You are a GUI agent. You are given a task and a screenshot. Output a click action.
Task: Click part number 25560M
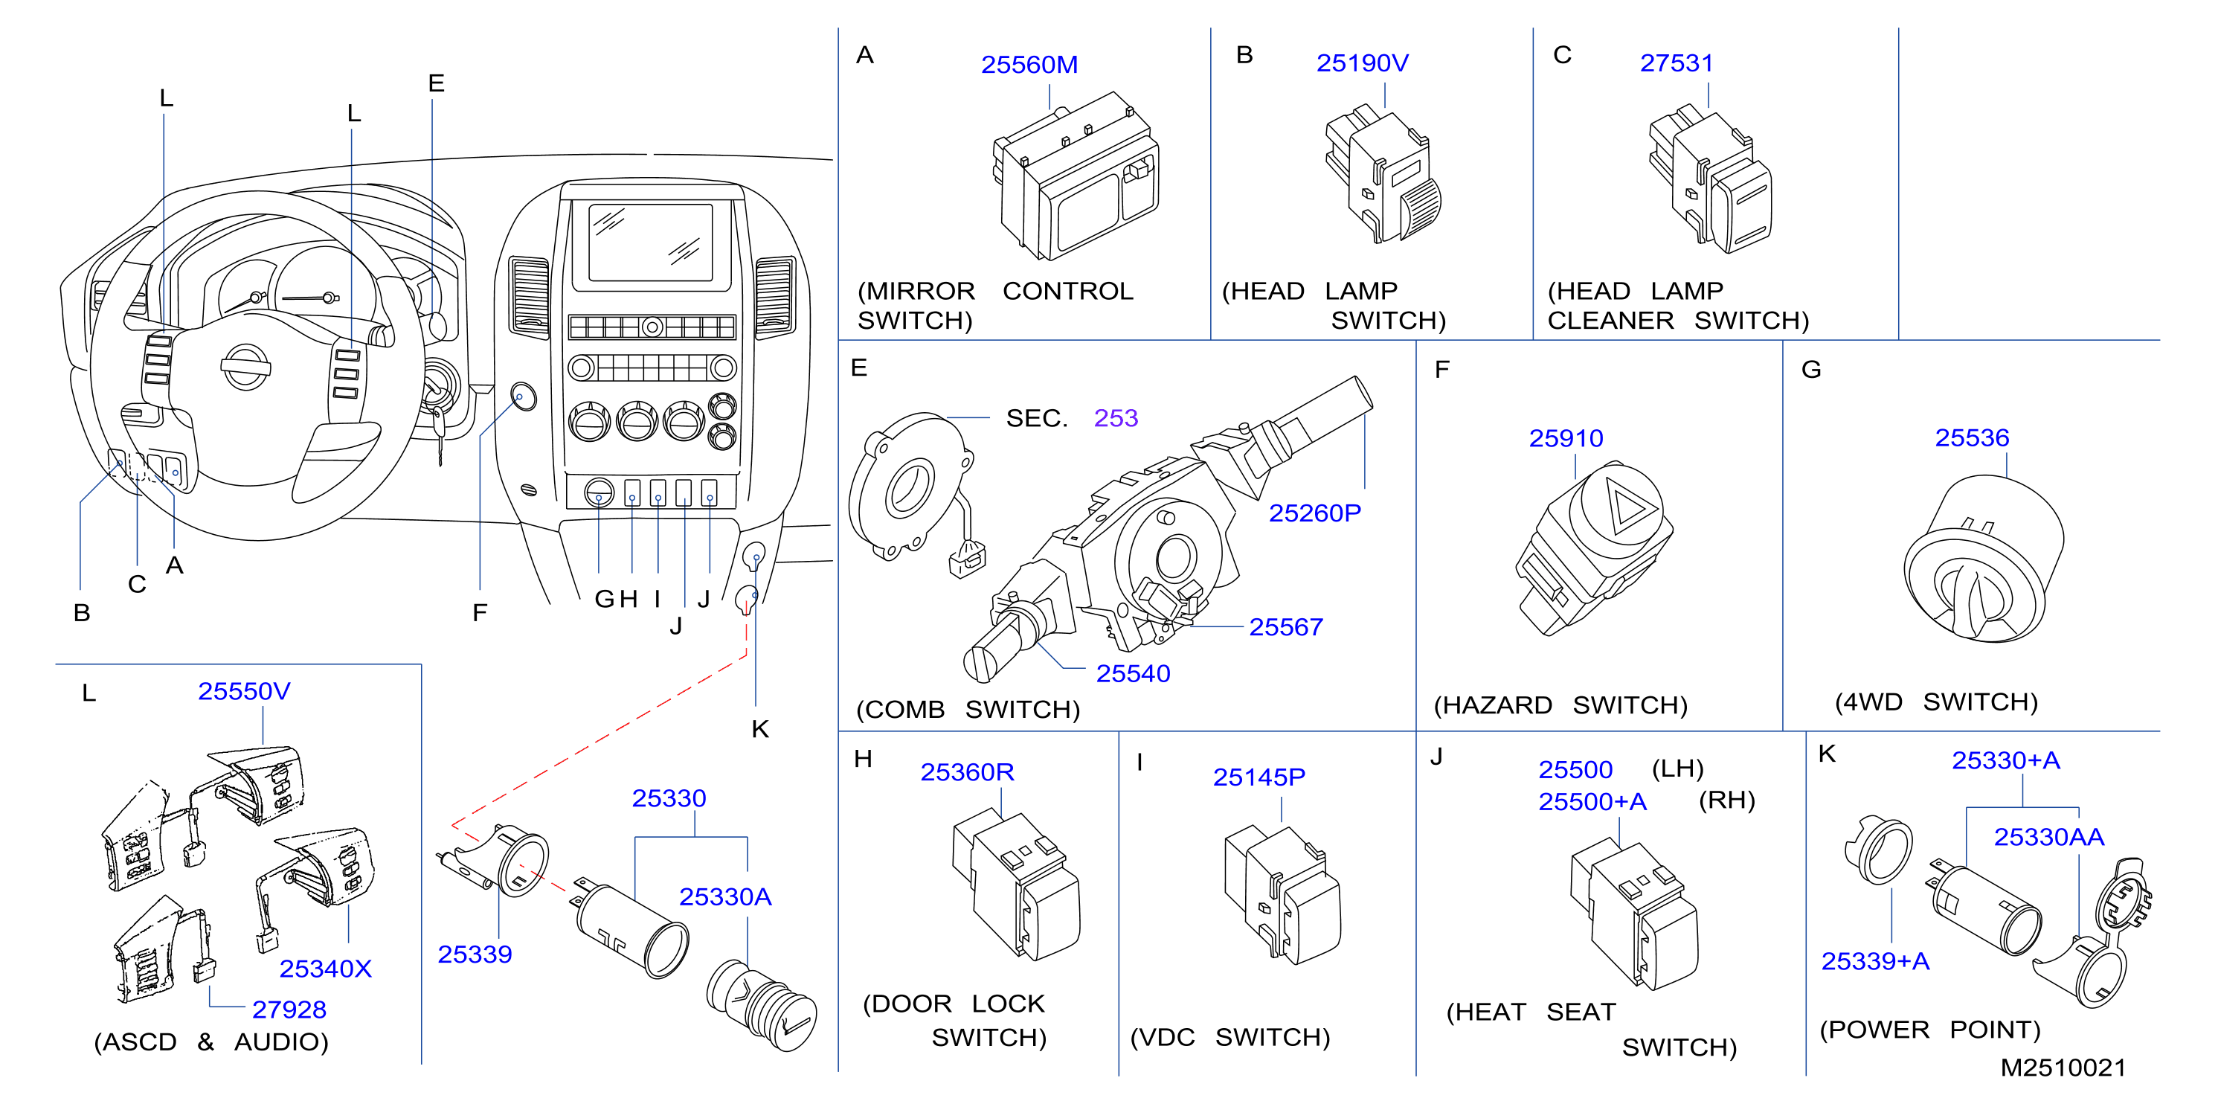point(1029,65)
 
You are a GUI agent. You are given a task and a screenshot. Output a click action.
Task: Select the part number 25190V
point(1362,63)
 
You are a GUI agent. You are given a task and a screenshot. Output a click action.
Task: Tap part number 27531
point(1677,63)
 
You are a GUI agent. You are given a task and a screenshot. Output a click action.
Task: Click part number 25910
point(1566,438)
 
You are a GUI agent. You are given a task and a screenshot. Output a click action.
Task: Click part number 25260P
point(1315,513)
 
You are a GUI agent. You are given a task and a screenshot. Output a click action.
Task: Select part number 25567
point(1285,627)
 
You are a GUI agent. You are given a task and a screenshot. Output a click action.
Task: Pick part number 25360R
point(967,771)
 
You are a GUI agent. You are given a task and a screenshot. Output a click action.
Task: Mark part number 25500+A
point(1592,802)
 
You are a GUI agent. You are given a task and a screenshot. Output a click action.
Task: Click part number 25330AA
point(2048,837)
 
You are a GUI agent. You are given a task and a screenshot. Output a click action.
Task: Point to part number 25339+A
point(1874,961)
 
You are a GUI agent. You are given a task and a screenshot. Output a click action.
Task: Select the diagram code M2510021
point(2063,1068)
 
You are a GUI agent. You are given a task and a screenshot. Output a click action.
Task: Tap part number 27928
point(289,1010)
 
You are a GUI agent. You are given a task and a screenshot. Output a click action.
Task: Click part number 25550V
point(244,692)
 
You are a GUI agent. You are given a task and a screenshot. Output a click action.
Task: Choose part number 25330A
point(725,897)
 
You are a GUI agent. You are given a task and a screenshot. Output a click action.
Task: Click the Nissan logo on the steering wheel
point(245,368)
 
